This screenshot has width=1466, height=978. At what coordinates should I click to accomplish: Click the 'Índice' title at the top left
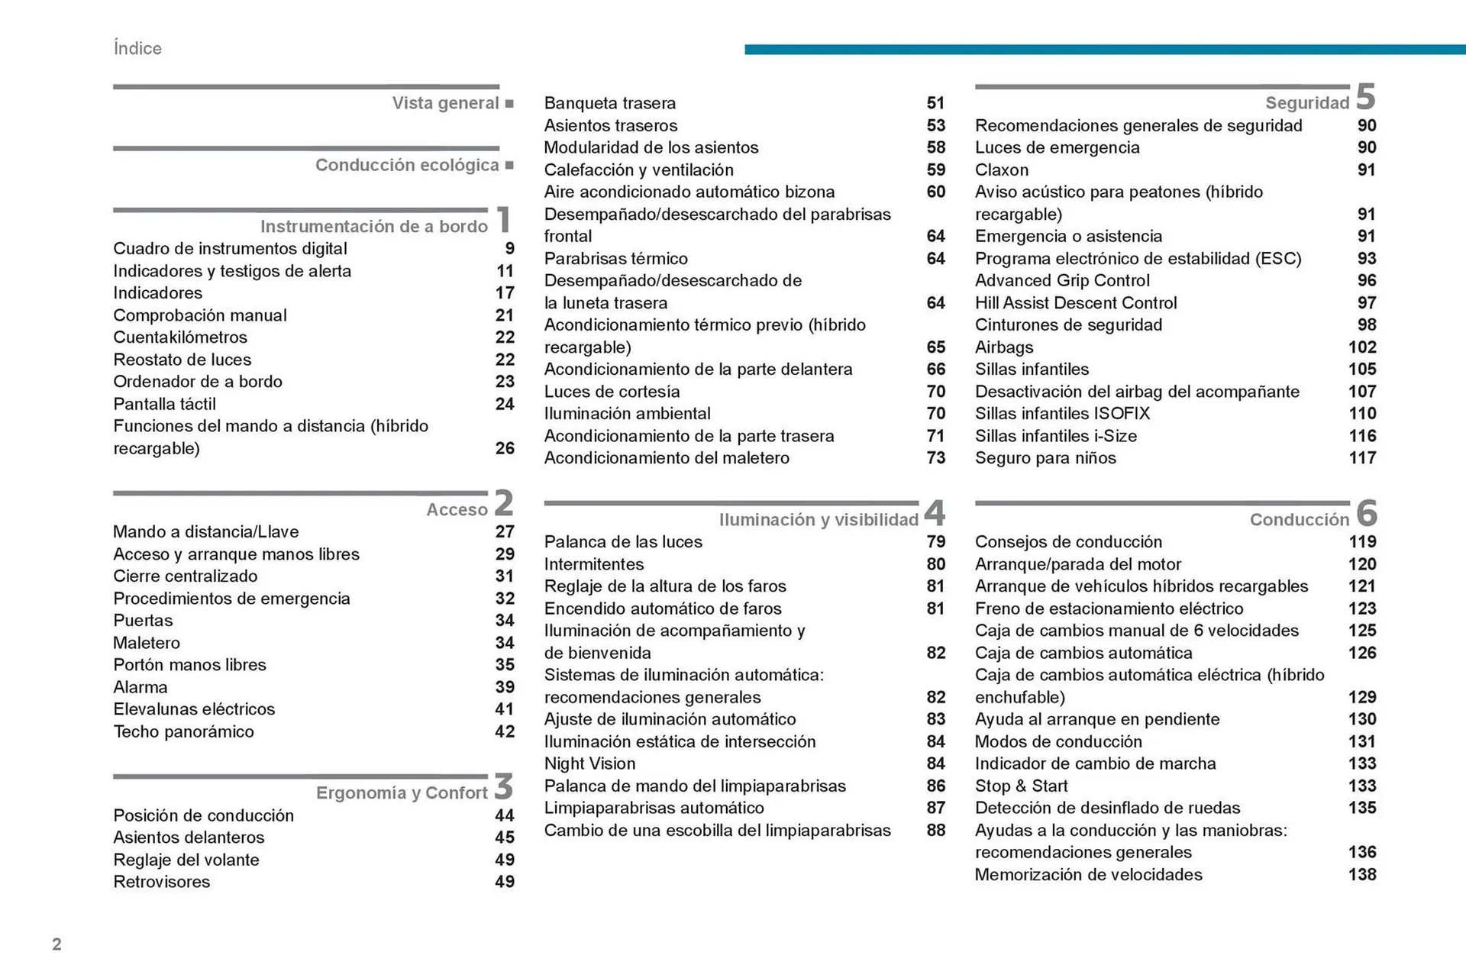point(137,48)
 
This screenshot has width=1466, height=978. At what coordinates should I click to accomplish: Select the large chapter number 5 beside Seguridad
point(1365,98)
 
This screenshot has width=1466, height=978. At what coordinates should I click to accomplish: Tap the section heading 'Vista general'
point(445,103)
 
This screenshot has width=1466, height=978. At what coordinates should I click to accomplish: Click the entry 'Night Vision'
point(589,763)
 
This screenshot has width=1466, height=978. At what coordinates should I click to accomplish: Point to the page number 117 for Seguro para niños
point(1362,458)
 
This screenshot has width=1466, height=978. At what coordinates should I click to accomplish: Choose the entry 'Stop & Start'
point(1021,786)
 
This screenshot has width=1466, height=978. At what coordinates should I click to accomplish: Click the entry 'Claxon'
point(1001,169)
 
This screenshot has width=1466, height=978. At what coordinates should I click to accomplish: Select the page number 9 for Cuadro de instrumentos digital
point(509,249)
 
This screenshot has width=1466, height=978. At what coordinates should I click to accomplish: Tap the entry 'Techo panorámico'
point(183,731)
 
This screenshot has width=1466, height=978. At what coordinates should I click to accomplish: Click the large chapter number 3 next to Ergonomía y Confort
point(503,786)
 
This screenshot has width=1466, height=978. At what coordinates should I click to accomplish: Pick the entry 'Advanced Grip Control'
point(1062,280)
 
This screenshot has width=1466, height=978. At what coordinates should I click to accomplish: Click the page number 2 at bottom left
point(57,944)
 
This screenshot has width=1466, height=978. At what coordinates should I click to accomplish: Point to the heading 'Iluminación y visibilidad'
point(819,520)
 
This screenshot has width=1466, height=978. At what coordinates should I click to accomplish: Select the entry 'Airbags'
point(1003,347)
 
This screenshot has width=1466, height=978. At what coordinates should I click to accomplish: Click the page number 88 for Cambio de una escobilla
point(935,830)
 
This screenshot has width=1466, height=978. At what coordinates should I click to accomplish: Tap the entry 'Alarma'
point(140,687)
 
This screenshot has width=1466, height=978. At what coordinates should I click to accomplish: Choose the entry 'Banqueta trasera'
point(609,103)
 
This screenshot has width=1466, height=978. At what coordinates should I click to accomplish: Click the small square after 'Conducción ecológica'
point(509,166)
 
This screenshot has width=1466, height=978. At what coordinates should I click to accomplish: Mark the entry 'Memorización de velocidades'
point(1088,875)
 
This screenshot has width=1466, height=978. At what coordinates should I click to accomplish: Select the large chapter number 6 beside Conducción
point(1366,513)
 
